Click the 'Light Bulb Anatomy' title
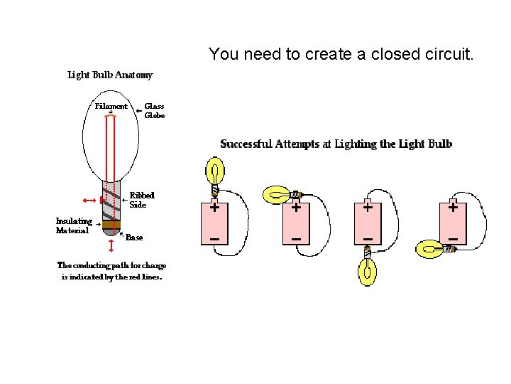(x=110, y=75)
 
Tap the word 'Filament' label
(x=111, y=107)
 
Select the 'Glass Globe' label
(x=155, y=111)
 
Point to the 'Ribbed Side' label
(x=141, y=200)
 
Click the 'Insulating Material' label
(x=74, y=225)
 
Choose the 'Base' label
(x=134, y=238)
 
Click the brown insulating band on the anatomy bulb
(x=111, y=225)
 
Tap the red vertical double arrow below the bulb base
(x=111, y=245)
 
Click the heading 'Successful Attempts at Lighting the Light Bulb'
(x=336, y=144)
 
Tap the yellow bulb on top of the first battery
(x=215, y=172)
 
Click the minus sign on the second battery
(x=296, y=237)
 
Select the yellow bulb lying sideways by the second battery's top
(x=275, y=193)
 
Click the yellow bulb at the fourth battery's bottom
(x=430, y=249)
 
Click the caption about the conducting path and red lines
(x=111, y=272)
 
